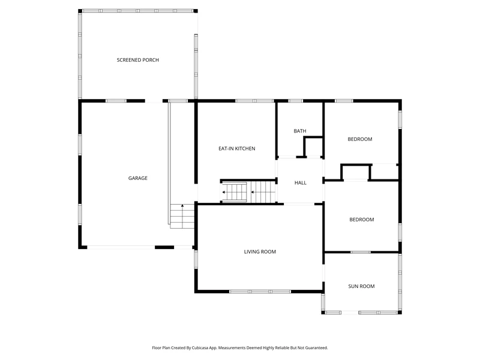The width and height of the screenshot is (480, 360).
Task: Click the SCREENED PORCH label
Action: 138,60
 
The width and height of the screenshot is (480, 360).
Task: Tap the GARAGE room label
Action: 138,178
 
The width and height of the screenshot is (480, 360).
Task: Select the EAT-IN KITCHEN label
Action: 236,148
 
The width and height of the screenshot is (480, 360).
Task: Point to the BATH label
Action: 299,131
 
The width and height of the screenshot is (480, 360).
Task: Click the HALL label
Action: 301,183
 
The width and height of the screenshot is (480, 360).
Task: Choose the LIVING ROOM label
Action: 260,251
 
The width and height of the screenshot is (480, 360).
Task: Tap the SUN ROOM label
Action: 361,286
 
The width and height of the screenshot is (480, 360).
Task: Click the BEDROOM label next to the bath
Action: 359,139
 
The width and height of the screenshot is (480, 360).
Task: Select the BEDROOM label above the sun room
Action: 362,220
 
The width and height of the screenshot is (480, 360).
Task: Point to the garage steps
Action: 182,216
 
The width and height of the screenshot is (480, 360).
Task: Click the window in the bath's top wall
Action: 295,101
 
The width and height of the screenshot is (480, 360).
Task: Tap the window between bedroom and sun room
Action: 361,252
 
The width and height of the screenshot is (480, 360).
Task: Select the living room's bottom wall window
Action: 260,292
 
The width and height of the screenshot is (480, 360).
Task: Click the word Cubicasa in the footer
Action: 200,348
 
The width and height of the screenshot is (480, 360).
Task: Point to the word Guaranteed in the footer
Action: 317,348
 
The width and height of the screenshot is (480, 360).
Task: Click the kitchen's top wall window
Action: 254,101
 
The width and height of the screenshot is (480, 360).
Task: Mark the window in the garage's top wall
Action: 116,101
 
